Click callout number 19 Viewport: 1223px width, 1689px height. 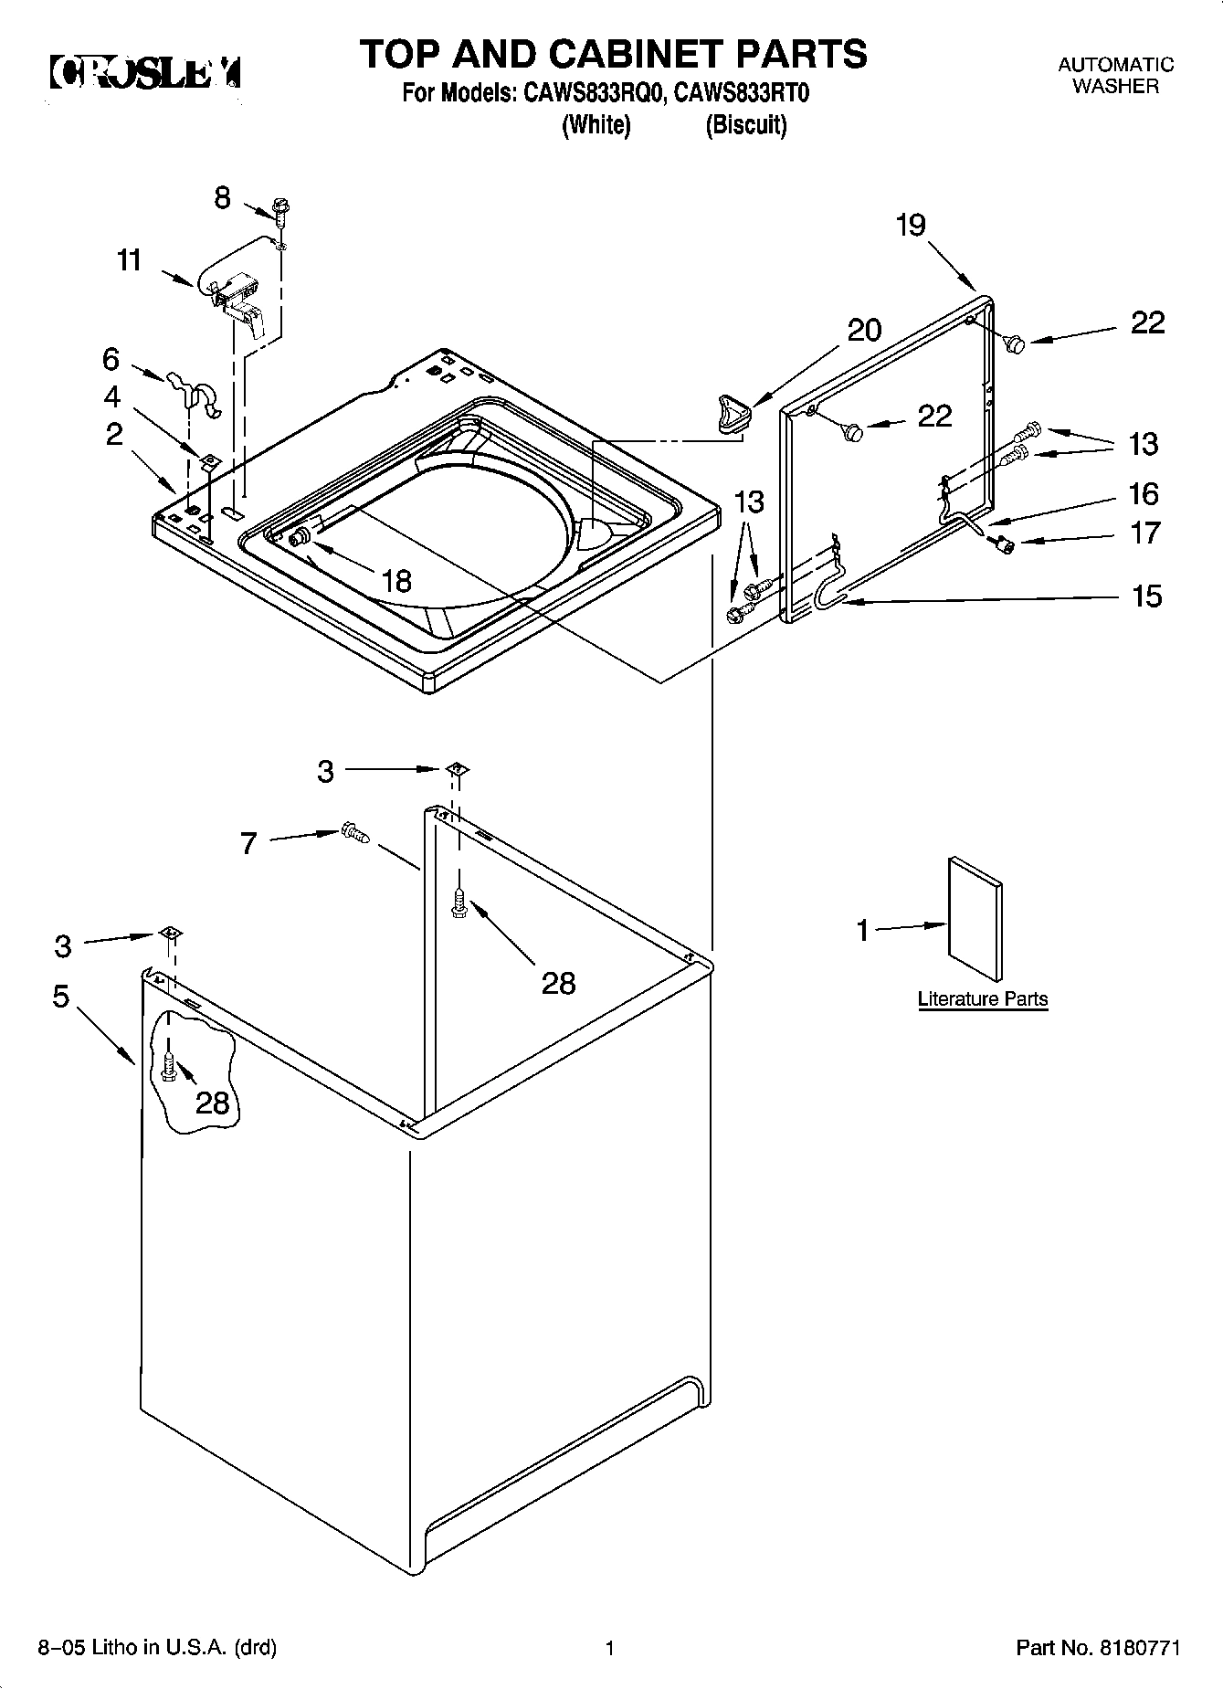coord(911,226)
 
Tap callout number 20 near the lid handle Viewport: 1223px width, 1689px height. coord(864,330)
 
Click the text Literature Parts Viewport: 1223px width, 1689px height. coord(982,998)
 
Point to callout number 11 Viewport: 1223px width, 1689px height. coord(130,260)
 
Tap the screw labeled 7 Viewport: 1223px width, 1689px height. coord(353,832)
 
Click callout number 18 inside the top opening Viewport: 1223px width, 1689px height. coord(396,581)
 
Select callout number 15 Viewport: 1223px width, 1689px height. coord(1146,596)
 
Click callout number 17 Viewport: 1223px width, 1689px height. coord(1145,533)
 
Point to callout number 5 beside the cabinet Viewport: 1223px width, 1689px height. coord(61,996)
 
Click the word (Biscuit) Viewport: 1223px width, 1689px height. coord(745,125)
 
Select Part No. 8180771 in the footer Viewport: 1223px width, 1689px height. coord(1098,1649)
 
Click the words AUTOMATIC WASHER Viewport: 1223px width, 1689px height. coord(1115,75)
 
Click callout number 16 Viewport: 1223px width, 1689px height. coord(1144,494)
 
